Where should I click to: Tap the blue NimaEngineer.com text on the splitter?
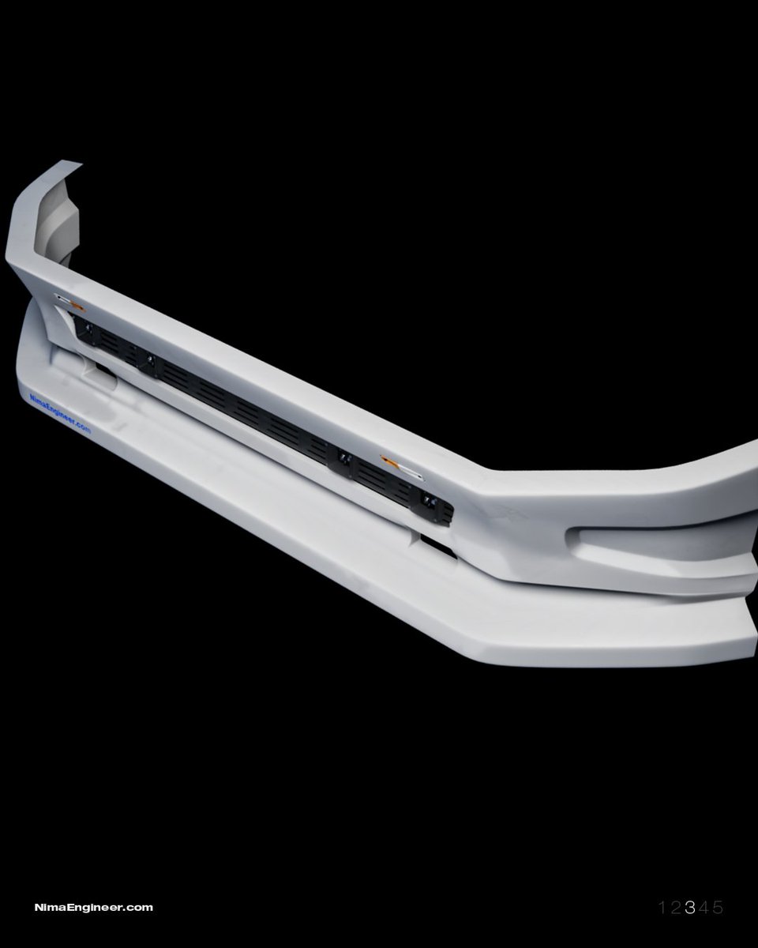point(60,414)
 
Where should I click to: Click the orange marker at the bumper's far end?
point(69,301)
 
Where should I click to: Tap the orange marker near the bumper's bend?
point(401,467)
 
